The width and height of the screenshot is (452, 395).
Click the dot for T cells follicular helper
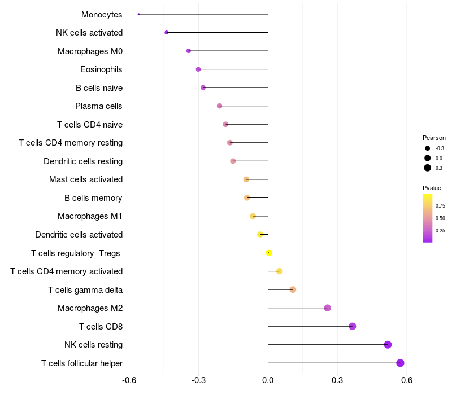pyautogui.click(x=400, y=363)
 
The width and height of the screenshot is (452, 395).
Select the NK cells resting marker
pyautogui.click(x=388, y=345)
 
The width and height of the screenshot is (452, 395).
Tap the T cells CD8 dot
pyautogui.click(x=353, y=326)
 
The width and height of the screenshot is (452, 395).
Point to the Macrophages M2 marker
pyautogui.click(x=327, y=308)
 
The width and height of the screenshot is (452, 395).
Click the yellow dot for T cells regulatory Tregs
pyautogui.click(x=269, y=253)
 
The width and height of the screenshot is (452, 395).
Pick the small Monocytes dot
pyautogui.click(x=138, y=14)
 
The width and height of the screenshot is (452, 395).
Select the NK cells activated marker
pyautogui.click(x=166, y=33)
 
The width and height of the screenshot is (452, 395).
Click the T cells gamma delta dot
pyautogui.click(x=293, y=289)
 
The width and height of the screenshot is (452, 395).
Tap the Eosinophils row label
pyautogui.click(x=102, y=69)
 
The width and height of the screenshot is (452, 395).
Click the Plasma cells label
pyautogui.click(x=99, y=106)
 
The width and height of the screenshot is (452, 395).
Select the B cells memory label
pyautogui.click(x=94, y=198)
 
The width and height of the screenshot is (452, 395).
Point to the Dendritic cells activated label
pyautogui.click(x=79, y=235)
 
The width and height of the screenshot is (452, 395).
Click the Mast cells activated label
pyautogui.click(x=86, y=179)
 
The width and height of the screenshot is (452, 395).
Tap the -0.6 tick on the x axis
pyautogui.click(x=129, y=380)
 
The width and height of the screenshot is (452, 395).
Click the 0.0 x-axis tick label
pyautogui.click(x=268, y=380)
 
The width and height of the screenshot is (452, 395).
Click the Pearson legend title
pyautogui.click(x=434, y=138)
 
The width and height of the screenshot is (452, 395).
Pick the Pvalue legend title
pyautogui.click(x=432, y=188)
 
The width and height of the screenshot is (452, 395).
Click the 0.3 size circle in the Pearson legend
pyautogui.click(x=428, y=168)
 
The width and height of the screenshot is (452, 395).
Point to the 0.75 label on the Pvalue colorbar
pyautogui.click(x=440, y=205)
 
